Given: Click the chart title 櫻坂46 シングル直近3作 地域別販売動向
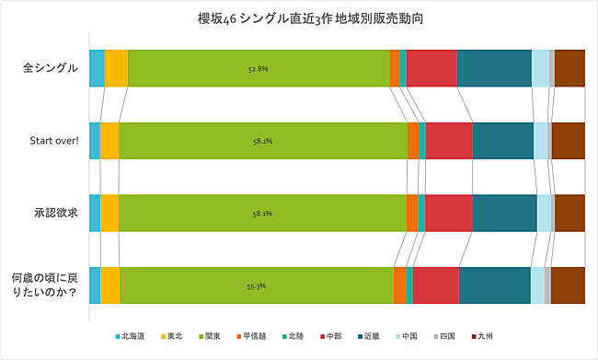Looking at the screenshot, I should click(298, 17).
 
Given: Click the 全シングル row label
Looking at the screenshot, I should click(50, 68).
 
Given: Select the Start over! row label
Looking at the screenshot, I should click(53, 141).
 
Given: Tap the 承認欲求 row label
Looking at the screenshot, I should click(55, 213).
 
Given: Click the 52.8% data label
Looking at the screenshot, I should click(259, 68).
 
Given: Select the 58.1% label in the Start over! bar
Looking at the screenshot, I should click(262, 141).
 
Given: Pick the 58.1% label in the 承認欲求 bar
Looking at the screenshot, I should click(262, 214).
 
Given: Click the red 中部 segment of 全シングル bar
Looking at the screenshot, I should click(431, 68).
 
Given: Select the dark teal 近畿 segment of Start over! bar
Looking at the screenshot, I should click(502, 141).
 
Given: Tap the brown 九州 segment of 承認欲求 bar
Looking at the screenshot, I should click(569, 213).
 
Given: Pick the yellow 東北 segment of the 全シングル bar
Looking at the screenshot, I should click(116, 68).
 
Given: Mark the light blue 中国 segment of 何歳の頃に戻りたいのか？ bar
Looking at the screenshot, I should click(537, 285).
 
